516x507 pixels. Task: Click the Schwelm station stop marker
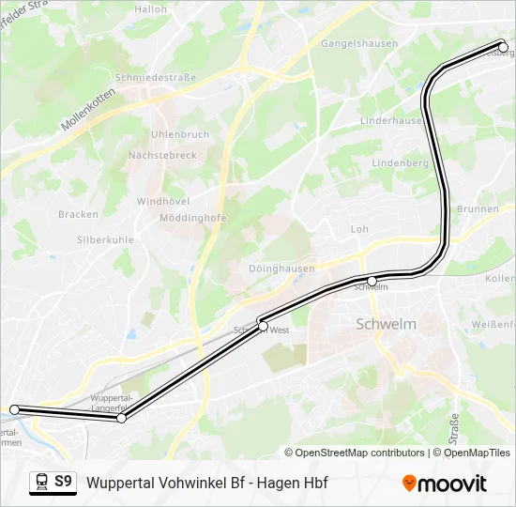pyautogui.click(x=372, y=281)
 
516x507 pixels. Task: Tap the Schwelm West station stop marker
pyautogui.click(x=264, y=326)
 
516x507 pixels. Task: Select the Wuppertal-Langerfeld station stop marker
pyautogui.click(x=121, y=418)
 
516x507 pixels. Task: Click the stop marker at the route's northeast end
pyautogui.click(x=503, y=46)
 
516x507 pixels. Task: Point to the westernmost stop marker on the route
pyautogui.click(x=14, y=409)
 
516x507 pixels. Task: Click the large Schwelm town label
pyautogui.click(x=386, y=324)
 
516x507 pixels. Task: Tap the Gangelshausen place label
pyautogui.click(x=360, y=43)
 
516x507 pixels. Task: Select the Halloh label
pyautogui.click(x=150, y=9)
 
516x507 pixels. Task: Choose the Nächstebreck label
pyautogui.click(x=163, y=155)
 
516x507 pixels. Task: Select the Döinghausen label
pyautogui.click(x=281, y=269)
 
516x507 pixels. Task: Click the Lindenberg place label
pyautogui.click(x=400, y=162)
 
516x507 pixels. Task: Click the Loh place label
pyautogui.click(x=359, y=229)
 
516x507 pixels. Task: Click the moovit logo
pyautogui.click(x=445, y=483)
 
